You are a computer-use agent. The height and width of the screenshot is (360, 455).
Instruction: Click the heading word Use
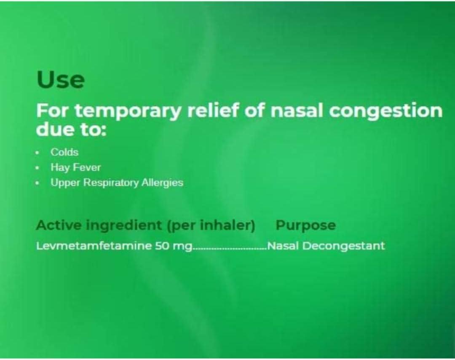(x=61, y=80)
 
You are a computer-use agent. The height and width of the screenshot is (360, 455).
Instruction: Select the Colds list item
(x=64, y=152)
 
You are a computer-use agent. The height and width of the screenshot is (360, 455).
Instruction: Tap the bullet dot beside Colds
(x=38, y=152)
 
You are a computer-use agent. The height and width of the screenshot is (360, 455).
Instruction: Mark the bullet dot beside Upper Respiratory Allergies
(x=38, y=183)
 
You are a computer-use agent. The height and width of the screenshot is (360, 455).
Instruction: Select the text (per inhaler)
(x=211, y=226)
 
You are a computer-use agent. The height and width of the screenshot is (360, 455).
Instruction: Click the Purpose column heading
(x=305, y=226)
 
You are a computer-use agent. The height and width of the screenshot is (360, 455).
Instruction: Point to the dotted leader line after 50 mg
(x=230, y=249)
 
